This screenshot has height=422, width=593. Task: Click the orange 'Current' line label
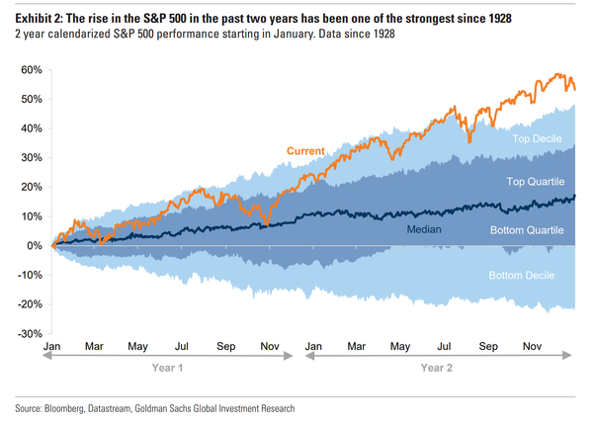[x=305, y=151]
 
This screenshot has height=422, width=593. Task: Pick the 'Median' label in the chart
[x=423, y=229]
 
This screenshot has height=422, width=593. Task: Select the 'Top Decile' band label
[x=538, y=139]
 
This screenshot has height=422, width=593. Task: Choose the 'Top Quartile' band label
[x=535, y=182]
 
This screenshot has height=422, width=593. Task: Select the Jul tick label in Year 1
[x=182, y=347]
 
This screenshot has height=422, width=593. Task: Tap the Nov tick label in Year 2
[x=531, y=347]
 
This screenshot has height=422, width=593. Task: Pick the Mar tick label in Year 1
[x=94, y=347]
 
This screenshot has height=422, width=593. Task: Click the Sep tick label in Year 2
[x=487, y=347]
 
